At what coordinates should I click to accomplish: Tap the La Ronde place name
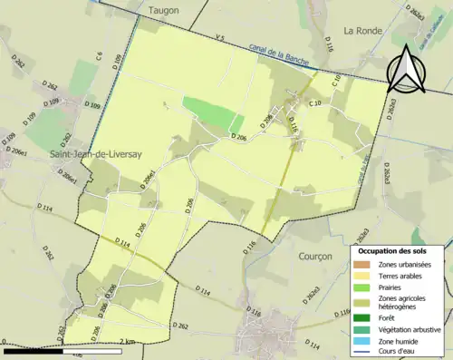pyautogui.click(x=362, y=29)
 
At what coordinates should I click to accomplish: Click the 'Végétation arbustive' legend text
pyautogui.click(x=411, y=328)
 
